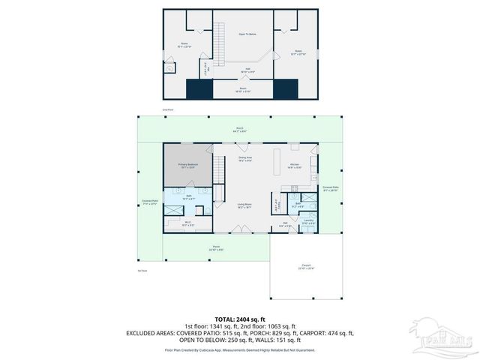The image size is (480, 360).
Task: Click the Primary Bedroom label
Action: point(187,166)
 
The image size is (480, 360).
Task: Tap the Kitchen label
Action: point(295,166)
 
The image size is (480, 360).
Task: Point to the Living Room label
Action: point(244,205)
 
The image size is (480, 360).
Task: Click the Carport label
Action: point(305,266)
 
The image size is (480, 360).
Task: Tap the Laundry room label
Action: point(308,222)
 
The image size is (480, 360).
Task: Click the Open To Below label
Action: point(247,34)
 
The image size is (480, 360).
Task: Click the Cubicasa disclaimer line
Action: point(239,349)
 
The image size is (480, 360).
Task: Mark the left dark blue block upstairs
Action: point(200,89)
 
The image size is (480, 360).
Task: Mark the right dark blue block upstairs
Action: point(286,89)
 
